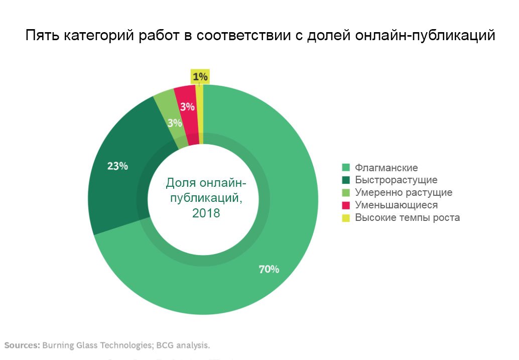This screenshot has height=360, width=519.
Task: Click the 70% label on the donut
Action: point(269,269)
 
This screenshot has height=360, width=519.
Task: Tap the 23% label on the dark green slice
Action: point(117,166)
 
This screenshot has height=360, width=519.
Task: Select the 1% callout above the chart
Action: point(200,77)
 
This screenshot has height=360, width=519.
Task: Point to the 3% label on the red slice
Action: point(187,106)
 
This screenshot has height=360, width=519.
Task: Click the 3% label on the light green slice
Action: point(175,123)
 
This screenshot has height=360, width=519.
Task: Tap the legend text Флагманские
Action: point(386,168)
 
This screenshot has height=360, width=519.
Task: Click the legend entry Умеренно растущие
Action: point(404,192)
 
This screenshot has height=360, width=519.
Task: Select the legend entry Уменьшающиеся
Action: point(396,205)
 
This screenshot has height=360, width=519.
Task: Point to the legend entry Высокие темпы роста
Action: point(407,217)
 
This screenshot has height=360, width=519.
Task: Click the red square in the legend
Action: point(345,205)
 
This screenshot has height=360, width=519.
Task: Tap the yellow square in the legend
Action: point(345,217)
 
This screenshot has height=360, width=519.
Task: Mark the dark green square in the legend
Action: point(345,180)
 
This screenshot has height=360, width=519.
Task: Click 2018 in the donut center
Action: point(206,213)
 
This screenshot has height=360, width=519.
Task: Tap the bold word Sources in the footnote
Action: point(22,345)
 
